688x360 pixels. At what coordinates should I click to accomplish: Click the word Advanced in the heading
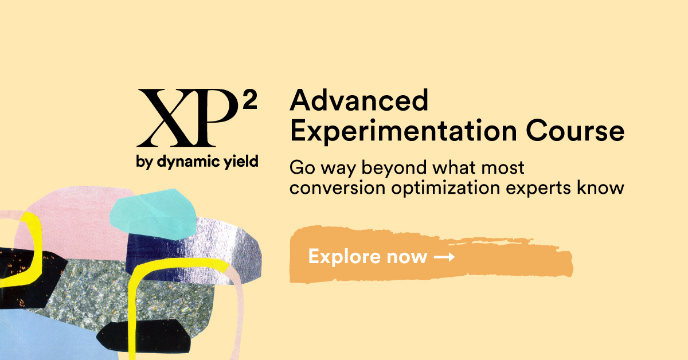coord(359,100)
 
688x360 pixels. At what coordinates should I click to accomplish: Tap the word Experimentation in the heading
coord(404,132)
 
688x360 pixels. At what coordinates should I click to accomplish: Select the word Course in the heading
coord(575,131)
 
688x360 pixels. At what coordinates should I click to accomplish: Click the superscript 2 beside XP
coord(250,100)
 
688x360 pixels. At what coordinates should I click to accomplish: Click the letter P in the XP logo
coord(218,118)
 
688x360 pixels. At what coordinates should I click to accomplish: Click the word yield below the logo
coord(241,162)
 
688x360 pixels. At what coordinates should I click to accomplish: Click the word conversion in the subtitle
coord(337,187)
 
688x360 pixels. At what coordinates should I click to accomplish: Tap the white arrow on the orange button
coord(444,256)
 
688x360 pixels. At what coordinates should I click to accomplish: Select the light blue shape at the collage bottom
coord(49,335)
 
